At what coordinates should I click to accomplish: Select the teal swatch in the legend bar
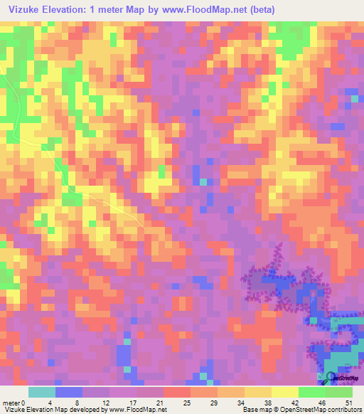coord(42,392)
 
